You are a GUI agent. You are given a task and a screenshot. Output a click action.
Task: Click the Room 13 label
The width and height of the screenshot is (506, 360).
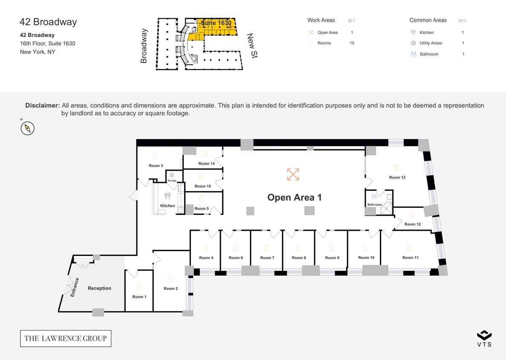click(x=397, y=177)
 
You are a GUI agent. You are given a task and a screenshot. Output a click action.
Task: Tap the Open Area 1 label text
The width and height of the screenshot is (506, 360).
click(x=294, y=197)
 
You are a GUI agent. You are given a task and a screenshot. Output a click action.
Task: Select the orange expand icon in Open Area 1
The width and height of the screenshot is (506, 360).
click(x=293, y=174)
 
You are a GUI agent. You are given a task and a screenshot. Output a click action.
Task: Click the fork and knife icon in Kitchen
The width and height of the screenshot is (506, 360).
click(x=168, y=196)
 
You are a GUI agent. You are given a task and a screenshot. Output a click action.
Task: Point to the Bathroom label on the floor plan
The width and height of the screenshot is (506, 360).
click(x=375, y=205)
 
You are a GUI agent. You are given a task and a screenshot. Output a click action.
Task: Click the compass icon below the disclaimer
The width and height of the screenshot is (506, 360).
click(x=28, y=128)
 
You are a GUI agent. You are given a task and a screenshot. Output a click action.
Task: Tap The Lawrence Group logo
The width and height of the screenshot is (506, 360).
click(x=66, y=338)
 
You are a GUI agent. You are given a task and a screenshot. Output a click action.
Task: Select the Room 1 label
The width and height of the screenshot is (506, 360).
click(x=139, y=297)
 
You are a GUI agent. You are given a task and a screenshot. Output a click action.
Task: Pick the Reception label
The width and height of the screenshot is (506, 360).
click(x=99, y=288)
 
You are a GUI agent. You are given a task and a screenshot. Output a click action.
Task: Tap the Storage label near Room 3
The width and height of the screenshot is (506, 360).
click(x=172, y=181)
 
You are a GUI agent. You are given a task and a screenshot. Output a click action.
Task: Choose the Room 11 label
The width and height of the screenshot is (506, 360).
click(x=410, y=258)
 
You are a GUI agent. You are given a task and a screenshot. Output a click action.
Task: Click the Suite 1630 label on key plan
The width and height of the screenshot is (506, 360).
click(x=216, y=23)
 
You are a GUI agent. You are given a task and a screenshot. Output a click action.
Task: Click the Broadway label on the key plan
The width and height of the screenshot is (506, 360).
click(x=144, y=46)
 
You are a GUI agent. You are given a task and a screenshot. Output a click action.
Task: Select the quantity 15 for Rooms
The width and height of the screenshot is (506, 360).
click(x=352, y=43)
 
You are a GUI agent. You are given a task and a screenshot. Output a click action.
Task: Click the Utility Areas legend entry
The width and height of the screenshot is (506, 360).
click(x=431, y=43)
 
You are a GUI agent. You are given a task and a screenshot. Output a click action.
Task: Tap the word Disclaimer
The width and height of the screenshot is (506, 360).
click(x=42, y=105)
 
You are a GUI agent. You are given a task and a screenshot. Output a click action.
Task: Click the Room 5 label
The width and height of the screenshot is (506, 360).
click(x=202, y=209)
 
